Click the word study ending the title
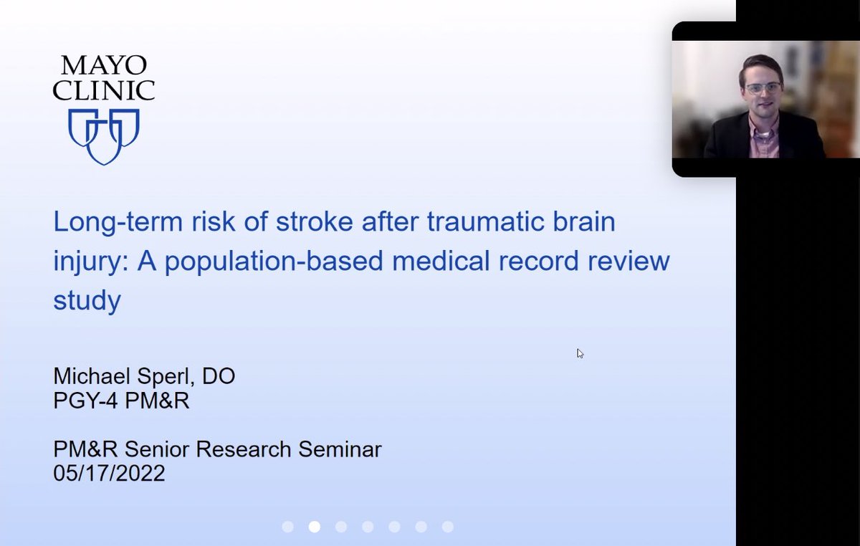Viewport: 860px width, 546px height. point(87,300)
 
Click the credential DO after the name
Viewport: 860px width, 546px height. point(221,376)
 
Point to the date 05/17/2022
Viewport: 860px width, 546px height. point(109,473)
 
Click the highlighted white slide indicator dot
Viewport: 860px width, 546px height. point(314,527)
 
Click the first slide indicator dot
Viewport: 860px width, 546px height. point(287,527)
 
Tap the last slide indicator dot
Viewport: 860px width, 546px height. point(448,527)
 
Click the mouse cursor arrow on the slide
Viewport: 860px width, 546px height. point(580,353)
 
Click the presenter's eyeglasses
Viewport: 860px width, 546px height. point(763,88)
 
